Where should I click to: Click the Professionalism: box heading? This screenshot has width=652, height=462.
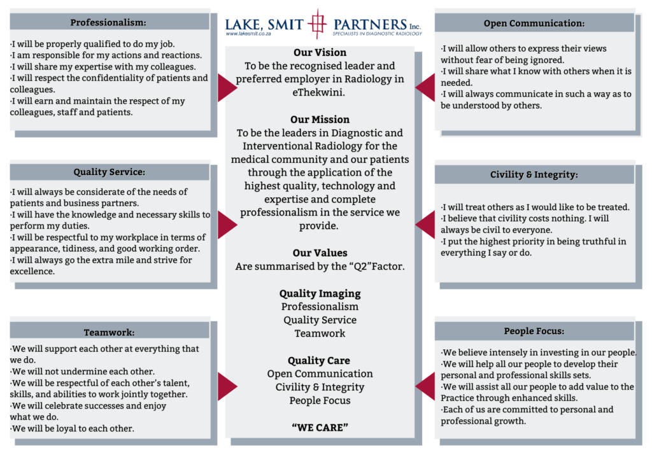(x=108, y=22)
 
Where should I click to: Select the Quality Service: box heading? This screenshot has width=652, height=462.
(x=109, y=172)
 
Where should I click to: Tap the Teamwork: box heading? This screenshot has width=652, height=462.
(x=109, y=332)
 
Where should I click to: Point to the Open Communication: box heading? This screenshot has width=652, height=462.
(x=534, y=24)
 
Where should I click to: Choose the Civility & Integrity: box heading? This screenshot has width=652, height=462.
(x=534, y=174)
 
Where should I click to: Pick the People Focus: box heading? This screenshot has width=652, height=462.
(x=534, y=331)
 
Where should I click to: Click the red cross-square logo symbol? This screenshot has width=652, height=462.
(x=316, y=24)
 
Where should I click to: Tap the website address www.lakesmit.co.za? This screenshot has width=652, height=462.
(x=249, y=34)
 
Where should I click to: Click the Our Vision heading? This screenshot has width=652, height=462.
(x=320, y=52)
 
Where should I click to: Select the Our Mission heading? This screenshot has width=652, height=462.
(x=320, y=119)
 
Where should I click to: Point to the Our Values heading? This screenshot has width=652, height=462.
(x=320, y=253)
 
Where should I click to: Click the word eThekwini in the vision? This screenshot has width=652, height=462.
(x=320, y=92)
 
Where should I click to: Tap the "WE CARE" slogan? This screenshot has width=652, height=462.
(x=320, y=427)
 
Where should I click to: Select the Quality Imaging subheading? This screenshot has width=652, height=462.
(x=320, y=293)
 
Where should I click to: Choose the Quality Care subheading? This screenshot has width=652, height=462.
(x=320, y=360)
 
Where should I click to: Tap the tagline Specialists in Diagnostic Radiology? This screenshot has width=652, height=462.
(x=377, y=34)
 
